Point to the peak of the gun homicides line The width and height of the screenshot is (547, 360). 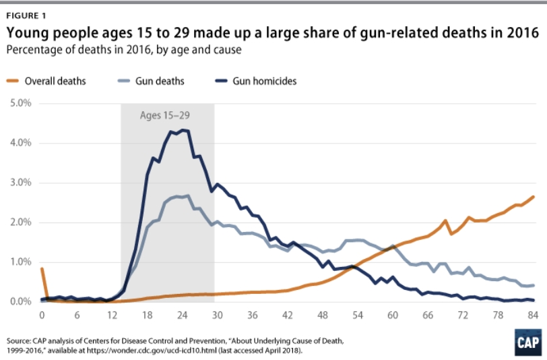pyautogui.click(x=183, y=130)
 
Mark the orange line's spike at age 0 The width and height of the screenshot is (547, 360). pyautogui.click(x=42, y=269)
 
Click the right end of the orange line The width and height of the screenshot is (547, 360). pyautogui.click(x=534, y=197)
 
